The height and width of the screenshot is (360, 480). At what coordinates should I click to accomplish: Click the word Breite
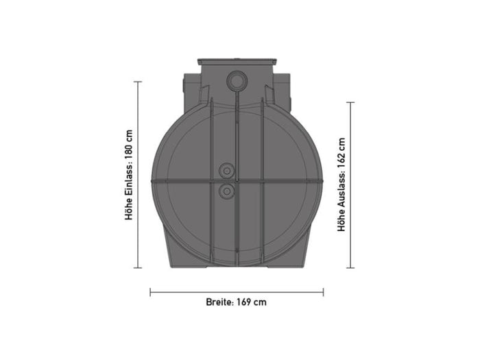(x=219, y=302)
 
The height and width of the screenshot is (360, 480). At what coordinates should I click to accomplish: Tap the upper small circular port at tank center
(x=226, y=170)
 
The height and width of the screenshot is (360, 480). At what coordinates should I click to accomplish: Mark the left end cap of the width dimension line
(x=150, y=291)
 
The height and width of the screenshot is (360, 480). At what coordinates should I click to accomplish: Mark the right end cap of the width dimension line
(x=324, y=291)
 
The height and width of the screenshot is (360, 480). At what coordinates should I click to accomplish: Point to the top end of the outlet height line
(x=350, y=102)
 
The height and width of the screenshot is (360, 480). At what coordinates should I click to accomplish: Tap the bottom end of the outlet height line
(x=350, y=268)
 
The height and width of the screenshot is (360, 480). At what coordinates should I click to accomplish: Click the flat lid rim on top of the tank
(x=237, y=61)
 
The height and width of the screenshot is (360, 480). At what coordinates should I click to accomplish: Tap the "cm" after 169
(x=259, y=302)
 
